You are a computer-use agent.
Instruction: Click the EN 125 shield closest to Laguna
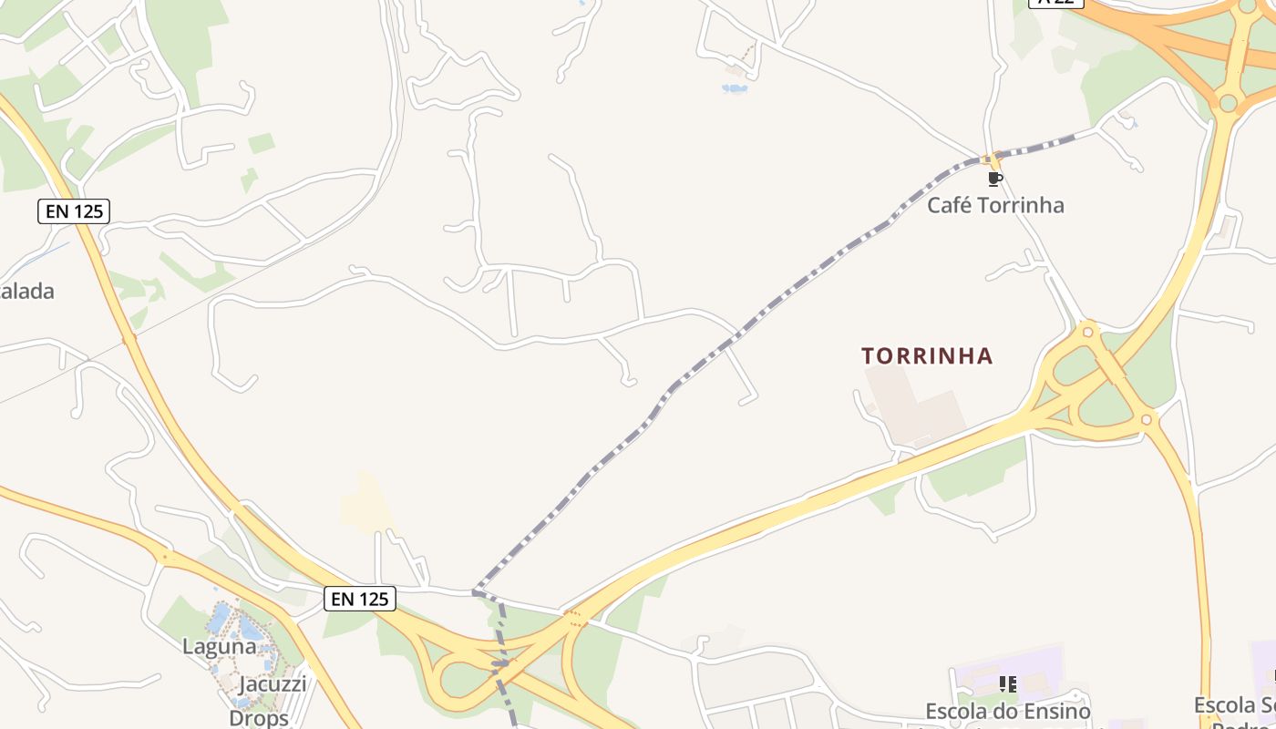[x=360, y=599]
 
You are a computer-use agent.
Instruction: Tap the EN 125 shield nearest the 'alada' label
[x=74, y=212]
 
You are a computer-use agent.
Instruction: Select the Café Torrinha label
[x=995, y=205]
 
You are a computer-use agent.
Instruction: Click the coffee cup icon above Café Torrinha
[x=994, y=179]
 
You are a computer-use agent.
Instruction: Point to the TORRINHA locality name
[x=927, y=355]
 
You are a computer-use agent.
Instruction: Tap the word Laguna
[x=220, y=647]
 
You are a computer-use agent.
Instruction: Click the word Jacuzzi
[x=273, y=683]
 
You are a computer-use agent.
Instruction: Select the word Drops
[x=259, y=717]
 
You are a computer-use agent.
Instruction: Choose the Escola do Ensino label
[x=1007, y=711]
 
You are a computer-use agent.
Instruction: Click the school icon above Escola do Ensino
[x=1008, y=683]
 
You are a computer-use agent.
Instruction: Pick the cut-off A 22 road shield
[x=1055, y=3]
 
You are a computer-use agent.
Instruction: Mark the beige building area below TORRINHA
[x=911, y=406]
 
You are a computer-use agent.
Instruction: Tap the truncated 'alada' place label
[x=27, y=292]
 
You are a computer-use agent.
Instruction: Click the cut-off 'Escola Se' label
[x=1235, y=705]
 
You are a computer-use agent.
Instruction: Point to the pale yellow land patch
[x=365, y=506]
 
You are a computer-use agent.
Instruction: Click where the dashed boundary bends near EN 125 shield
[x=476, y=592]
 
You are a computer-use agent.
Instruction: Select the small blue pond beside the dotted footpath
[x=735, y=88]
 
